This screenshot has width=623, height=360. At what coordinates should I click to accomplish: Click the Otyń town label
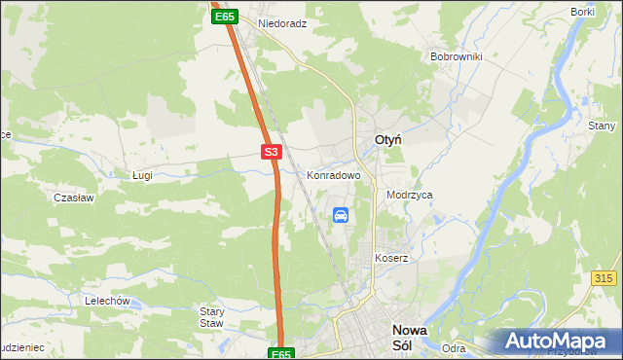(x=391, y=141)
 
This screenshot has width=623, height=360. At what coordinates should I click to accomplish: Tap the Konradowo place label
(x=334, y=176)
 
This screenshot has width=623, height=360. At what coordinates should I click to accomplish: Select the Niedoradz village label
(x=282, y=22)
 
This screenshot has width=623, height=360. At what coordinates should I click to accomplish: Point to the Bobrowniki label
(x=457, y=56)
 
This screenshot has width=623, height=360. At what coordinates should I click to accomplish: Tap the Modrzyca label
(x=409, y=195)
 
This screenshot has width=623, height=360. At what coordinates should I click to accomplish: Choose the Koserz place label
(x=390, y=258)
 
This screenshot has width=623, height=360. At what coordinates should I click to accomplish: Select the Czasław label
(x=73, y=197)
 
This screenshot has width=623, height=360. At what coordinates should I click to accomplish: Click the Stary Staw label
(x=212, y=317)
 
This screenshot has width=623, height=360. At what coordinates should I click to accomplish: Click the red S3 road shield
(x=272, y=152)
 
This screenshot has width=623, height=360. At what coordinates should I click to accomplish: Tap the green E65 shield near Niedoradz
(x=224, y=17)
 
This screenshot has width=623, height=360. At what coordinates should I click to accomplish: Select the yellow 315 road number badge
(x=605, y=278)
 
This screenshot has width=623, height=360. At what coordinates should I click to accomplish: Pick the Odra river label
(x=454, y=348)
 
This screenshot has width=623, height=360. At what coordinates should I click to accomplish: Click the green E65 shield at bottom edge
(x=280, y=354)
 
